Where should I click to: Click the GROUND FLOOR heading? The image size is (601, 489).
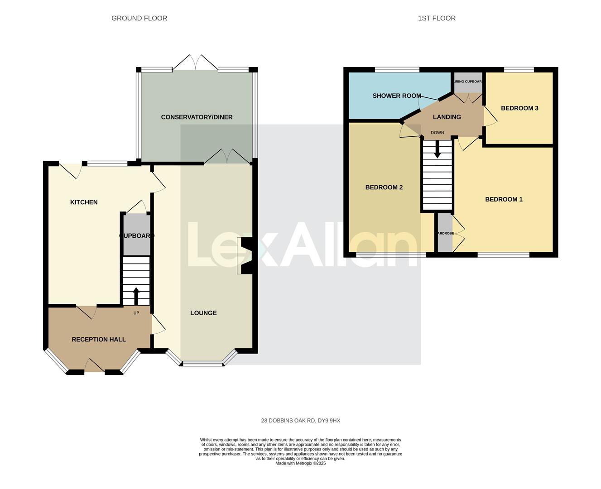pyautogui.click(x=139, y=18)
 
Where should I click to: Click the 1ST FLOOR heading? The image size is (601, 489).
pyautogui.click(x=437, y=18)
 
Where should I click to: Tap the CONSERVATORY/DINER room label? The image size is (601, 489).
pyautogui.click(x=197, y=117)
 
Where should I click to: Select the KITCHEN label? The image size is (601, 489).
pyautogui.click(x=84, y=202)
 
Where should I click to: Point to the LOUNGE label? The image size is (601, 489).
pyautogui.click(x=203, y=313)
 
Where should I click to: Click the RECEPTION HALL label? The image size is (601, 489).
pyautogui.click(x=99, y=339)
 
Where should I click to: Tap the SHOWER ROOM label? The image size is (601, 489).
pyautogui.click(x=397, y=96)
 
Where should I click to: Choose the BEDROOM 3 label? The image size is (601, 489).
pyautogui.click(x=519, y=108)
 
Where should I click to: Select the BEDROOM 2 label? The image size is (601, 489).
pyautogui.click(x=384, y=187)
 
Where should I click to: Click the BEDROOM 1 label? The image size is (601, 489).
pyautogui.click(x=504, y=199)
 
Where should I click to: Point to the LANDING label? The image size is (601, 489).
pyautogui.click(x=447, y=117)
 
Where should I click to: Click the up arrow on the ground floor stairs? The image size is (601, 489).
pyautogui.click(x=136, y=296)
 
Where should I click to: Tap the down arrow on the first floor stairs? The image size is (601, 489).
pyautogui.click(x=437, y=149)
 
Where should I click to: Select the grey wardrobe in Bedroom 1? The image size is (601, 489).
pyautogui.click(x=445, y=233)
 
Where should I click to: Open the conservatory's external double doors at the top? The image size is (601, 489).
pyautogui.click(x=195, y=62)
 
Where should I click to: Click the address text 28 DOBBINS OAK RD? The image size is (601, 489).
pyautogui.click(x=300, y=421)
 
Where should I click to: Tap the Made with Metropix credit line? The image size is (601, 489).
pyautogui.click(x=300, y=463)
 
